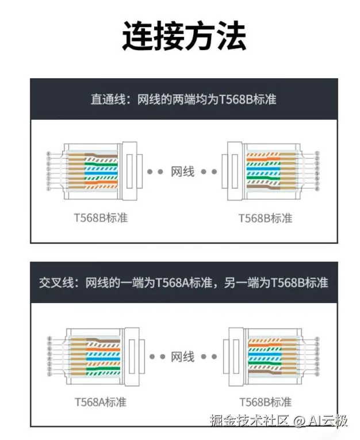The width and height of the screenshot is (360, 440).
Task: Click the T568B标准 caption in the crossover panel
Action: pos(265,401)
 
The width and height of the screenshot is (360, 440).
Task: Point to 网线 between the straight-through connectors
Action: pos(183,171)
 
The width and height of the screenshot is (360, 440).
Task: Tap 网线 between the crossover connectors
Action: pos(183,357)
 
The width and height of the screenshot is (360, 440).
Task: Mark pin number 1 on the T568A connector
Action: pos(49,374)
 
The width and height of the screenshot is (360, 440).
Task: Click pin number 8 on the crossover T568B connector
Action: pos(317,374)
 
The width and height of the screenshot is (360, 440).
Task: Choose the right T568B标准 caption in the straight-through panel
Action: pos(265,218)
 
